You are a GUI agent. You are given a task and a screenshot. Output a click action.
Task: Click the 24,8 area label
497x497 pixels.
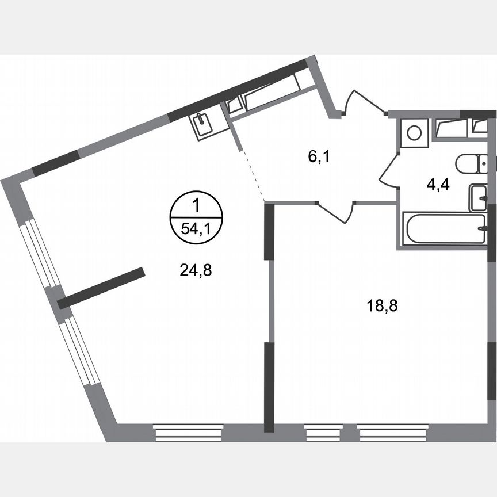click(x=196, y=270)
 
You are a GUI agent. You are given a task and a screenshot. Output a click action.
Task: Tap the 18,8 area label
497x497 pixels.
click(x=383, y=305)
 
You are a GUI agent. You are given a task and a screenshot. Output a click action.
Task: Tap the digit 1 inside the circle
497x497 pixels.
click(x=196, y=205)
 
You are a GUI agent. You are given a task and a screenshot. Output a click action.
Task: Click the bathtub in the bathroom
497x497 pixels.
click(x=443, y=229)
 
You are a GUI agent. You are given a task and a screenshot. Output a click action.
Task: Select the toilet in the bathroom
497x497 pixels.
click(x=473, y=164)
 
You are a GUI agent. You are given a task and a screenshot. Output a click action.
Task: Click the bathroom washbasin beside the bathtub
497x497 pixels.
click(x=479, y=198)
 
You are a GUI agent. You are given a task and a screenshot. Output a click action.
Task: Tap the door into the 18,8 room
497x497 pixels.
click(x=335, y=212)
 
